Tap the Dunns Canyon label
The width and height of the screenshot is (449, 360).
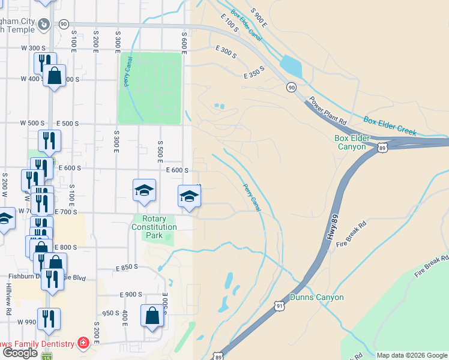click(316, 297)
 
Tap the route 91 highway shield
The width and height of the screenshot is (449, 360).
click(280, 306)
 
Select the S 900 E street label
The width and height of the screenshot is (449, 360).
click(259, 20)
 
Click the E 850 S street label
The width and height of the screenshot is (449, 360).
click(127, 267)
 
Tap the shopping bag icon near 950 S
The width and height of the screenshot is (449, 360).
click(152, 316)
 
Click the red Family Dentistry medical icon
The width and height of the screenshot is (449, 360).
click(83, 344)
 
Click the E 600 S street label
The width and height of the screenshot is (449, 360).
click(178, 170)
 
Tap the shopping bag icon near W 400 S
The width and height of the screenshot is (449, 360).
click(54, 76)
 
